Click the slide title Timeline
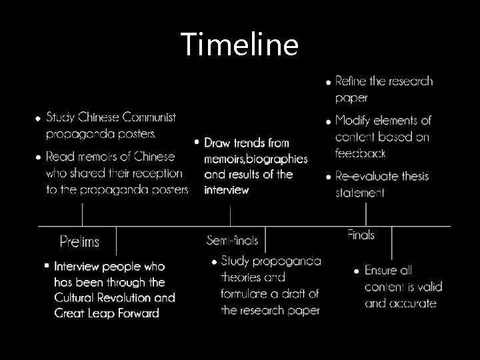tap(239, 45)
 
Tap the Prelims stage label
tap(79, 241)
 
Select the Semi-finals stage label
tap(232, 240)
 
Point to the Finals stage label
tap(361, 235)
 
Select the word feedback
tap(361, 153)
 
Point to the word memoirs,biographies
tap(256, 159)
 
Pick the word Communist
tap(147, 117)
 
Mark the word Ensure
tap(381, 271)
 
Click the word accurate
tap(411, 303)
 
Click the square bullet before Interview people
tap(46, 265)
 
